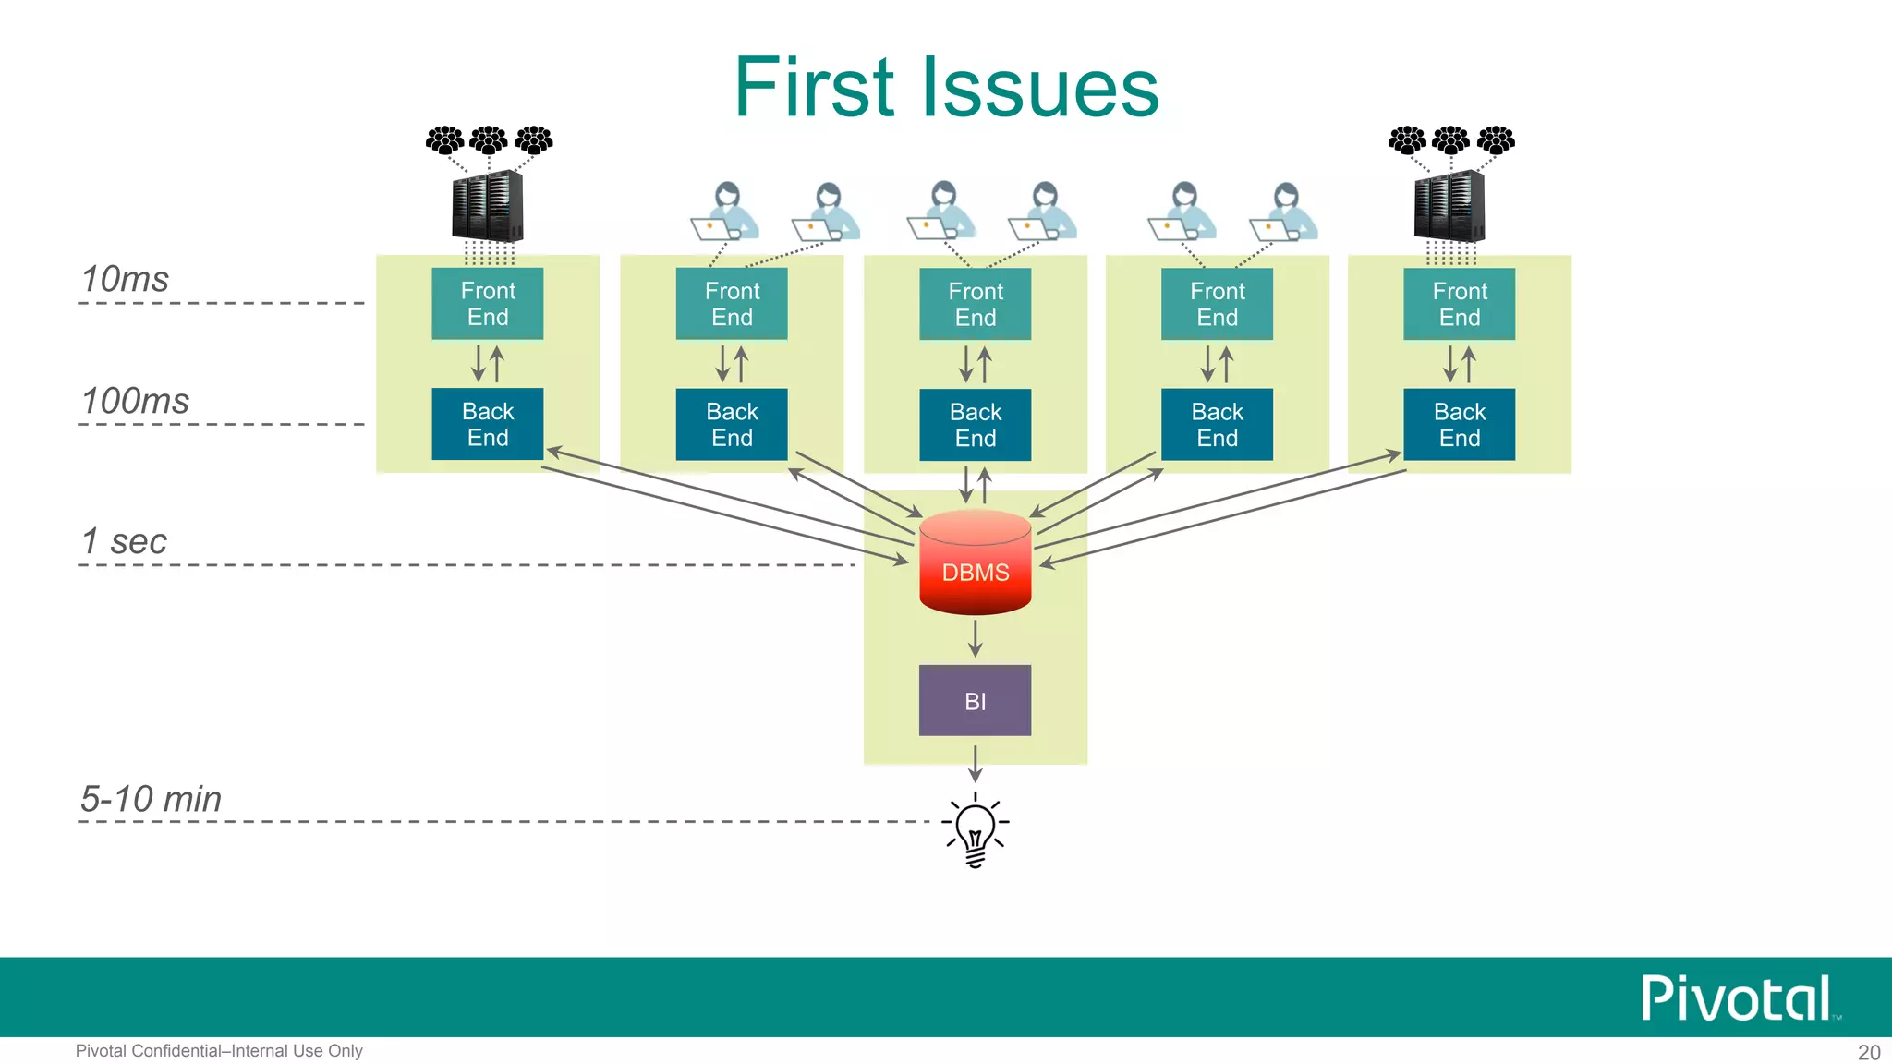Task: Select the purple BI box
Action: [x=975, y=700]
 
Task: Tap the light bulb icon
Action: [x=975, y=829]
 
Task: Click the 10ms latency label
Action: [x=125, y=279]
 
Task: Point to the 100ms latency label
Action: [x=135, y=401]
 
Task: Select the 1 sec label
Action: [x=124, y=541]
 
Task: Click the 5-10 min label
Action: [x=151, y=799]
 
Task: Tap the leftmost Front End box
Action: [x=487, y=304]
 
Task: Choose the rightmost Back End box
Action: [x=1459, y=424]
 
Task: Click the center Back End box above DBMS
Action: [x=975, y=424]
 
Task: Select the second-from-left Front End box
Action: [x=731, y=304]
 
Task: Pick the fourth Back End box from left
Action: [x=1217, y=424]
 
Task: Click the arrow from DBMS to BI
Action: [x=975, y=638]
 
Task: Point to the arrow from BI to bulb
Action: [x=975, y=763]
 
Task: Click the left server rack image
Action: [x=487, y=206]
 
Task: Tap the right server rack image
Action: [x=1449, y=206]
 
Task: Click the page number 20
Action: [x=1868, y=1052]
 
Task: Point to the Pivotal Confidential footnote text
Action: [x=219, y=1051]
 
